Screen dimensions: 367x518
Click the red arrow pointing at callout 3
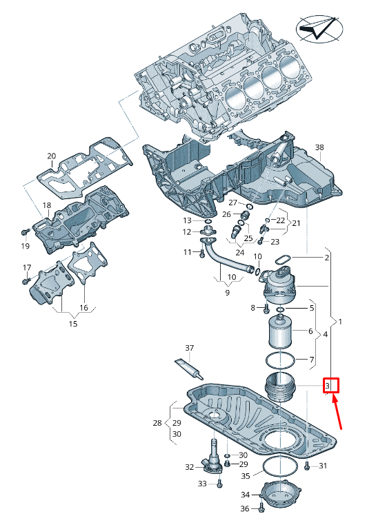tap(337, 413)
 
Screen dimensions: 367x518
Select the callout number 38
tap(319, 147)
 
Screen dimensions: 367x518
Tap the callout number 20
tap(52, 156)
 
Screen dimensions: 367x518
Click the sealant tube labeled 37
tap(189, 369)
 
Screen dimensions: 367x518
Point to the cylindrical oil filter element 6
tap(280, 332)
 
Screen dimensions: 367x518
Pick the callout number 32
tap(189, 467)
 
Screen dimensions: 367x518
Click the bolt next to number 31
tap(307, 466)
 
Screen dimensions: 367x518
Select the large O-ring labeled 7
tap(280, 361)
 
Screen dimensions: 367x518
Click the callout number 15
tap(73, 324)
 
